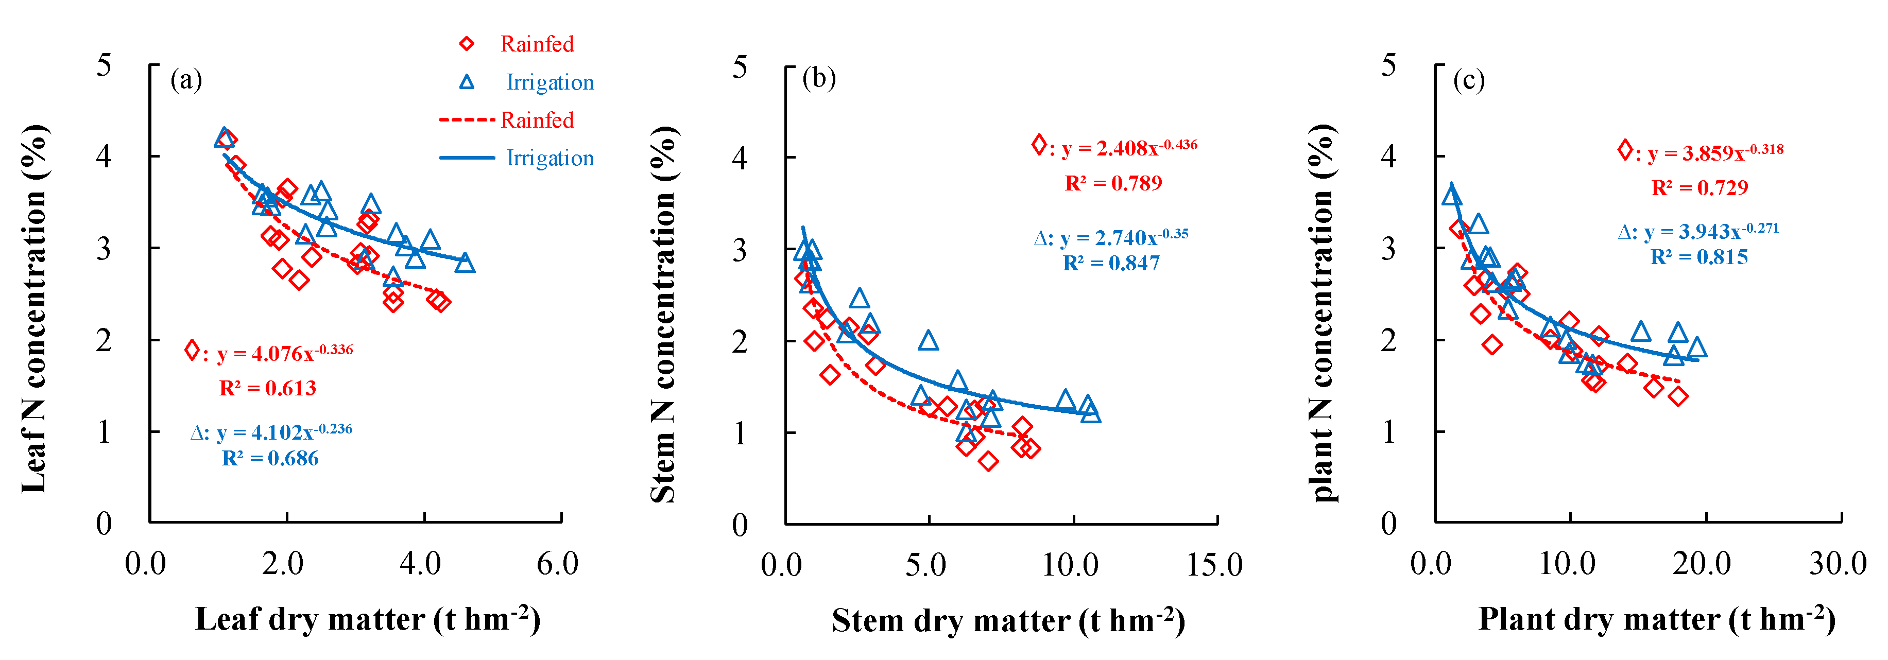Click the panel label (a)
pos(185,79)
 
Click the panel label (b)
pos(819,78)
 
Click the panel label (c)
pos(1469,79)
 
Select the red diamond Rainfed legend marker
pos(466,44)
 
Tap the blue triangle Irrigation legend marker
pos(466,82)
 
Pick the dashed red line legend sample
pos(467,119)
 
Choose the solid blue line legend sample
pos(467,158)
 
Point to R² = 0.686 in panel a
pos(270,459)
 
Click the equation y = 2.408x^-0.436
pos(1129,148)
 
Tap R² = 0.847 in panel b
pos(1111,263)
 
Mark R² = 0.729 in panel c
pos(1699,188)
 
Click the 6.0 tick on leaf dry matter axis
pos(557,564)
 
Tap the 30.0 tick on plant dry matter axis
pos(1838,564)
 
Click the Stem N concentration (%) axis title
pos(664,315)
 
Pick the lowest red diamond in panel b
pos(988,461)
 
